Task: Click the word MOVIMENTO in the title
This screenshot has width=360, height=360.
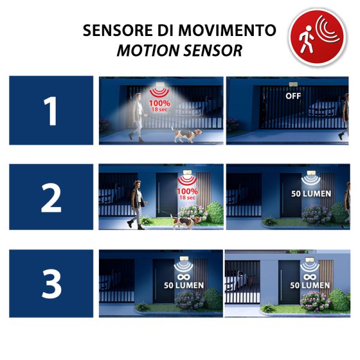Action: [x=227, y=31]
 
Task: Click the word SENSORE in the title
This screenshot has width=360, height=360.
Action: [x=118, y=31]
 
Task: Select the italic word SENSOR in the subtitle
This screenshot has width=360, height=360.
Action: [x=213, y=50]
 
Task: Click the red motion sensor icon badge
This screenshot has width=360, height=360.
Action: [x=317, y=37]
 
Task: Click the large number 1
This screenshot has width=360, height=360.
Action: [x=50, y=111]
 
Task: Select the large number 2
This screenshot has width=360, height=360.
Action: [x=51, y=198]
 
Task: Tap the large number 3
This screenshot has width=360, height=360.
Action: [x=52, y=284]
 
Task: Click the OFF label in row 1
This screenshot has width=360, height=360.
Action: [x=293, y=96]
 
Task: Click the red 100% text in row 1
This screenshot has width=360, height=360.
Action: [x=160, y=103]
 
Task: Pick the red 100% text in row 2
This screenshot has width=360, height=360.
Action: [x=187, y=191]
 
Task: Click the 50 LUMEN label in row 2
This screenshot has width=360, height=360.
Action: [x=311, y=194]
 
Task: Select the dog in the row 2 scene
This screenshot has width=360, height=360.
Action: [x=185, y=221]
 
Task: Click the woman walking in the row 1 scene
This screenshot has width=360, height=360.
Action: [x=137, y=118]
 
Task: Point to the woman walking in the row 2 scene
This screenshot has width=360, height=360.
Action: [x=137, y=205]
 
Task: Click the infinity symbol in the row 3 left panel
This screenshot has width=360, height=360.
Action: [x=184, y=277]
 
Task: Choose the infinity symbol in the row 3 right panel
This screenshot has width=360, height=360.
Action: [x=310, y=277]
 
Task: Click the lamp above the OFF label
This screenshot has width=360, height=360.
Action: [x=293, y=84]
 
